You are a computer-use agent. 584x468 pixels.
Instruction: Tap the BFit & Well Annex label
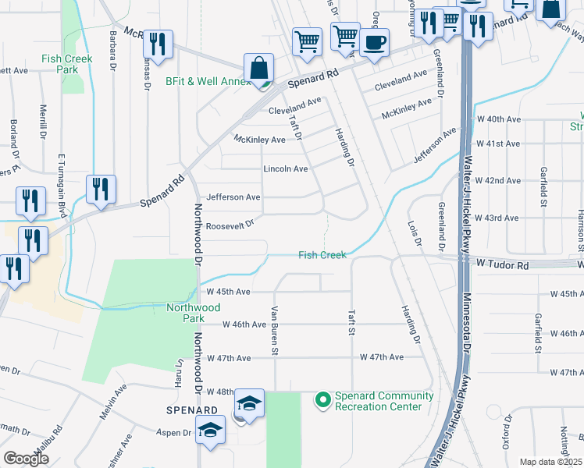208,81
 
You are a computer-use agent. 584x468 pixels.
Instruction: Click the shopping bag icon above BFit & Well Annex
258,68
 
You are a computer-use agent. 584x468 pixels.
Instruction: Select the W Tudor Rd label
502,266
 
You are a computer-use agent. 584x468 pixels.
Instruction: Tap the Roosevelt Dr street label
230,225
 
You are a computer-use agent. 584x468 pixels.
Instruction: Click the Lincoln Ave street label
286,168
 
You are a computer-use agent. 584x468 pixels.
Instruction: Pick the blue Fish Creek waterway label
322,255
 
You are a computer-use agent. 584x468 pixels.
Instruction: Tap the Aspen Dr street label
176,432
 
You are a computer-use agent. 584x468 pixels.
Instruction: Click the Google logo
26,459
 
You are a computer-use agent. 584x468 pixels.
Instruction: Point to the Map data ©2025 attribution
550,462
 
